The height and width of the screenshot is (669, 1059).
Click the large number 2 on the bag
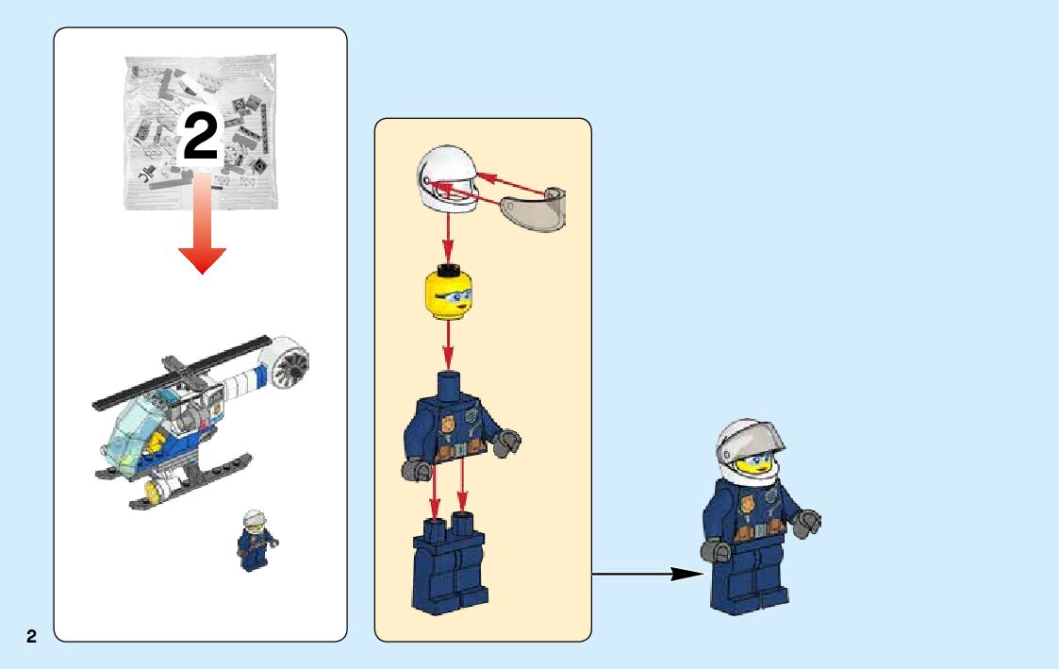[x=200, y=137]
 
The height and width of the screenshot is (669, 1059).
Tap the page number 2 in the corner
[x=31, y=637]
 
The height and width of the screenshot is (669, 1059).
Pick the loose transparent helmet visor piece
[x=534, y=208]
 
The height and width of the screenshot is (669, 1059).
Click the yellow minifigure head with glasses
[x=448, y=293]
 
